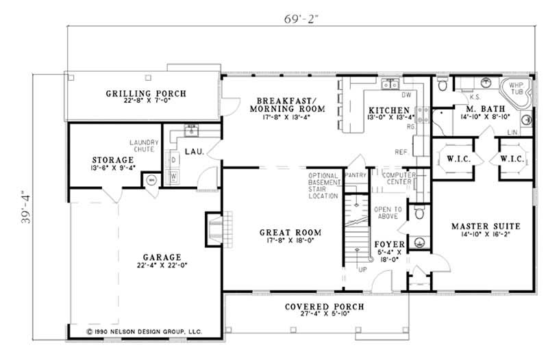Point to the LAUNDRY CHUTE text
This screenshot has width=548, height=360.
click(144, 146)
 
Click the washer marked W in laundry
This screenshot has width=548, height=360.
click(174, 176)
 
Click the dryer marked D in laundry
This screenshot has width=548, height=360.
click(174, 160)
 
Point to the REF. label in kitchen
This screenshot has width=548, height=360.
click(402, 151)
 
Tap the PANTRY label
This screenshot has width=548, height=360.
click(356, 175)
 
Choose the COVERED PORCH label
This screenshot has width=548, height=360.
click(325, 306)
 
